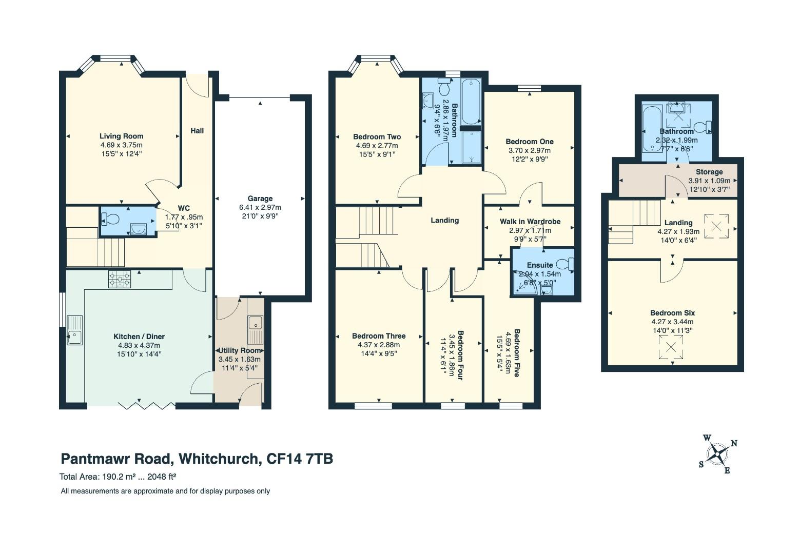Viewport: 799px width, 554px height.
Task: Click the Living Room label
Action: point(121,136)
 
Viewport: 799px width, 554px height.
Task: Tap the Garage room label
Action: point(260,199)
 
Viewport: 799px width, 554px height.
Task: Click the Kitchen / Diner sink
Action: point(75,330)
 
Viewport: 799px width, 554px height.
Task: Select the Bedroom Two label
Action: point(377,137)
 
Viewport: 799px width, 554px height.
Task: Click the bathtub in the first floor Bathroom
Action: point(471,102)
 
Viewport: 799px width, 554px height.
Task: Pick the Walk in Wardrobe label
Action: point(530,222)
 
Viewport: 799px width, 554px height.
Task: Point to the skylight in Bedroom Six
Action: point(671,347)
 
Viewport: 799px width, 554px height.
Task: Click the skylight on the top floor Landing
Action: point(716,226)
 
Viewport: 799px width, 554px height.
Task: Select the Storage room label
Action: point(709,172)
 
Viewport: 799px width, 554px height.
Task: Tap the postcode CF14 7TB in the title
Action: point(300,459)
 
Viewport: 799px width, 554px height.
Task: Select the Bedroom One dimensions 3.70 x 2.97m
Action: point(530,150)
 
